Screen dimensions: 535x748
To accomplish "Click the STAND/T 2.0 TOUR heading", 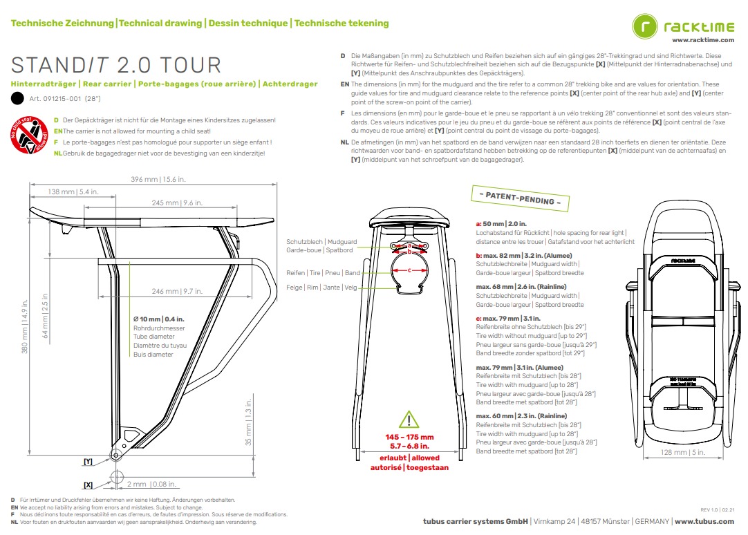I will click(116, 65).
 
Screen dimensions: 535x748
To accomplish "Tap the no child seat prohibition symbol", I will click(26, 137).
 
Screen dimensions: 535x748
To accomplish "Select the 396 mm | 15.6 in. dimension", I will click(158, 179).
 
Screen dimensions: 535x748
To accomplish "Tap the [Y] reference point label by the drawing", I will click(88, 460).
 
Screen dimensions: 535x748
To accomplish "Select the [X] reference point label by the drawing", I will click(88, 485).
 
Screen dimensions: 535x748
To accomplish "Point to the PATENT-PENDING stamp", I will click(520, 198).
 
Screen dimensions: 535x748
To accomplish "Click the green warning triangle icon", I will click(409, 420).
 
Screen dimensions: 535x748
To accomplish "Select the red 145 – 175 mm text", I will click(409, 437).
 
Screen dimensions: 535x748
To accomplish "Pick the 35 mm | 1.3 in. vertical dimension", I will click(249, 429).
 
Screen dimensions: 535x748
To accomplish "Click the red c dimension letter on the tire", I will click(409, 270).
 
